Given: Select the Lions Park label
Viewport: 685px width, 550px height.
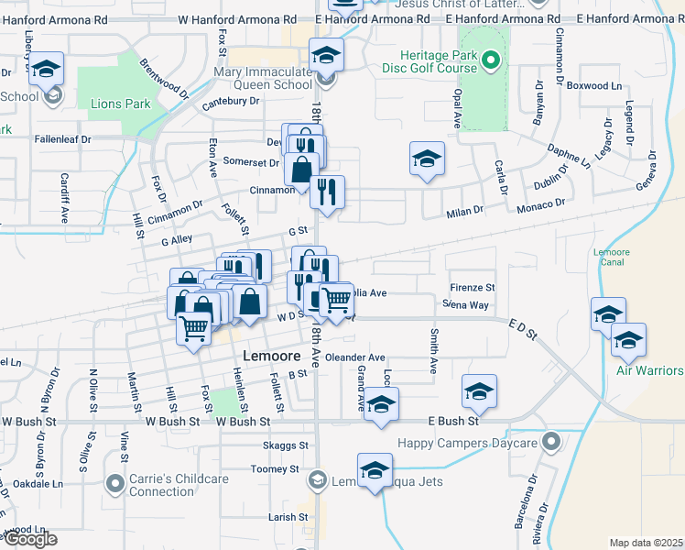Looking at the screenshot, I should tap(121, 104).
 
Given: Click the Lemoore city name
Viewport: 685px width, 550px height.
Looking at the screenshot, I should tap(273, 355).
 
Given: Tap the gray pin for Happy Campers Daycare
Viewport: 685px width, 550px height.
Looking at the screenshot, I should tap(549, 443).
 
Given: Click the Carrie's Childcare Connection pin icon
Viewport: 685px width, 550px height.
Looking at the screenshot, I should tap(114, 482).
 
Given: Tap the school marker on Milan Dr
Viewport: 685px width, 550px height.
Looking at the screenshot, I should tap(427, 159).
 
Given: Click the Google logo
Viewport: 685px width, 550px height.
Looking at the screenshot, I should tap(29, 540).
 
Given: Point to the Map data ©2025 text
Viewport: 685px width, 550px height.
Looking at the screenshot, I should tap(646, 543).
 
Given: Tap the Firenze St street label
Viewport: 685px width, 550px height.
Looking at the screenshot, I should tap(471, 287).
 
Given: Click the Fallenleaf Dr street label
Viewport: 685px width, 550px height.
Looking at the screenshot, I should tap(62, 139).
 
